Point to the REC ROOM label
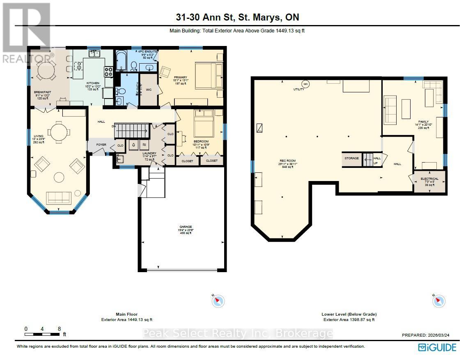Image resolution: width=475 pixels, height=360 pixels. (288, 161)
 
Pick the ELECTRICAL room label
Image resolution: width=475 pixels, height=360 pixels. (429, 179)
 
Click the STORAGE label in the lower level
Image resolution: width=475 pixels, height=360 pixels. (351, 158)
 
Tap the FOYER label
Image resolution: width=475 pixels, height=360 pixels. (101, 145)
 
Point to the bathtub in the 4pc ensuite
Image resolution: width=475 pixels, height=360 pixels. (122, 61)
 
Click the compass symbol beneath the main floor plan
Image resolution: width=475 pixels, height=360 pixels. (218, 301)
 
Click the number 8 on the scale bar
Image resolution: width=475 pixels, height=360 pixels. (60, 329)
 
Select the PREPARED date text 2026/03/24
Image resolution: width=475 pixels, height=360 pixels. (429, 335)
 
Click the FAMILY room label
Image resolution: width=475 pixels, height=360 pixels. (423, 122)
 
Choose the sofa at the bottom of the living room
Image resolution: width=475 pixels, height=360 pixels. (59, 198)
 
